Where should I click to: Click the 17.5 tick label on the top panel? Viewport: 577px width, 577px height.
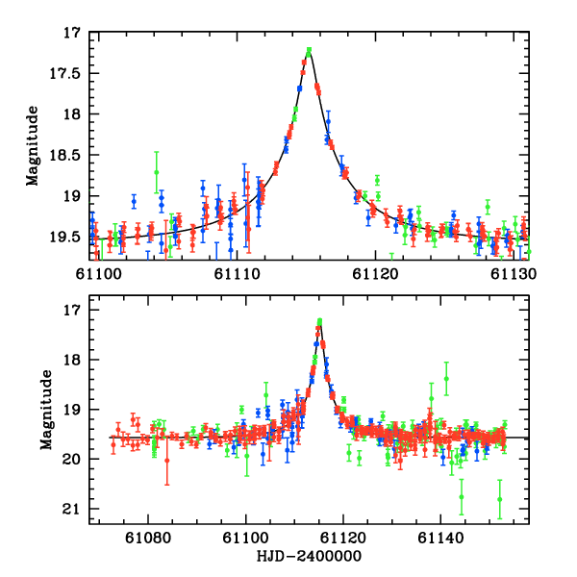click(x=68, y=73)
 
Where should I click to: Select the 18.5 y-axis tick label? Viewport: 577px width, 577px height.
click(x=68, y=155)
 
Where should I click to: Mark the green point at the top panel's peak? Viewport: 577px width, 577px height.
click(x=309, y=51)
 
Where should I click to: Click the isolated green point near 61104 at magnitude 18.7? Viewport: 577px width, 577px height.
click(x=156, y=172)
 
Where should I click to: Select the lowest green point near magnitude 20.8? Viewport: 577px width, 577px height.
click(x=499, y=499)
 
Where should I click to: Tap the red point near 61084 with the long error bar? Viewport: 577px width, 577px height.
click(x=166, y=461)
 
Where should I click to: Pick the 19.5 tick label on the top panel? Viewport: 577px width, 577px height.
click(x=68, y=237)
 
